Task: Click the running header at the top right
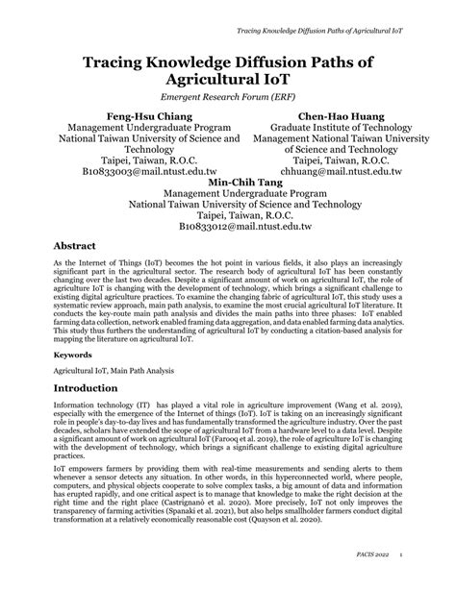pos(319,44)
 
